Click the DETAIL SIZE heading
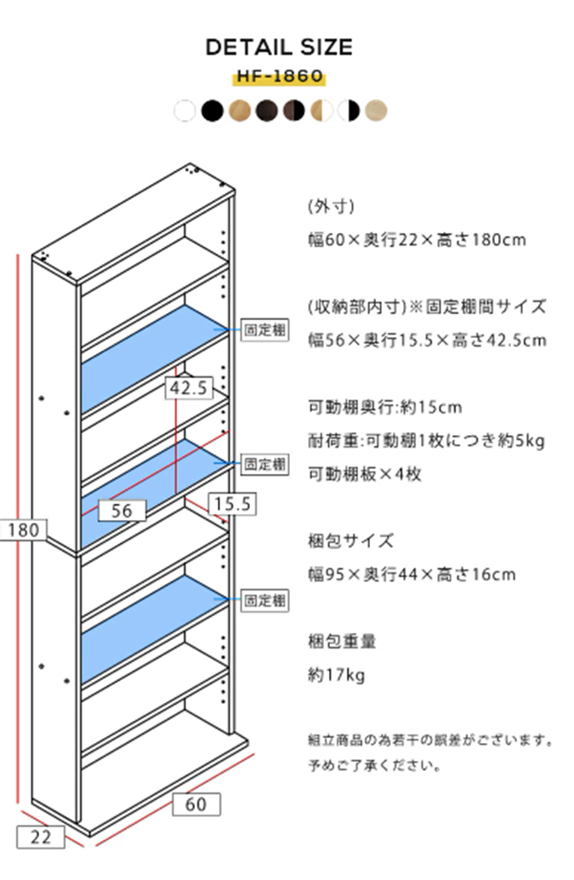[279, 48]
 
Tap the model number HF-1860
[279, 77]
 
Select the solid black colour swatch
[213, 111]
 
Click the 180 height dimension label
[24, 530]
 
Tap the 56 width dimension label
[122, 510]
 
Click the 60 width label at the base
[196, 803]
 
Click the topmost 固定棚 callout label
[265, 329]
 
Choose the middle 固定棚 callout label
[265, 465]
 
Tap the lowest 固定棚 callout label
[265, 601]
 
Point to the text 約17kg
[336, 676]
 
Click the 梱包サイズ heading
[350, 540]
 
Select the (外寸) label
[331, 206]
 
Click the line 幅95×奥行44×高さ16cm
[411, 574]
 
